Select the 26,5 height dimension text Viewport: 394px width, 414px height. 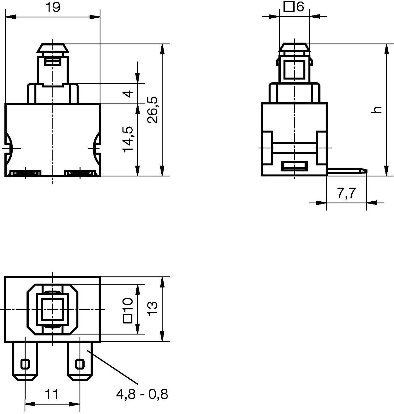pyautogui.click(x=152, y=110)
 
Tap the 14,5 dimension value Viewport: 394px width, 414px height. pyautogui.click(x=128, y=139)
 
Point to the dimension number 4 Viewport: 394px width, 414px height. pyautogui.click(x=128, y=94)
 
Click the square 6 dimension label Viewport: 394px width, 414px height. pyautogui.click(x=294, y=7)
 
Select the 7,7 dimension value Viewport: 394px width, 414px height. pyautogui.click(x=346, y=193)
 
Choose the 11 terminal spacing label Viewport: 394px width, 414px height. pyautogui.click(x=51, y=394)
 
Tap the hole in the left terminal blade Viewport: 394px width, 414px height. pyautogui.click(x=25, y=364)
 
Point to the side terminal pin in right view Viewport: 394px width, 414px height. pyautogui.click(x=347, y=171)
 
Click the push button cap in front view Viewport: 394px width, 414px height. pyautogui.click(x=53, y=48)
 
